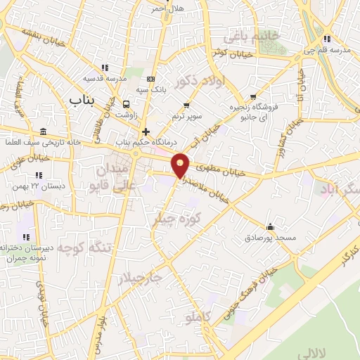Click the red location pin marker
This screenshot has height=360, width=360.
coord(181,165)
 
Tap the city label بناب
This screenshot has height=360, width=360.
coord(81,101)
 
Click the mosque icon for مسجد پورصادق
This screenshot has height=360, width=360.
coord(271,226)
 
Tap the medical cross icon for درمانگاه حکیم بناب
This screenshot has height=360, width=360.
coord(146,131)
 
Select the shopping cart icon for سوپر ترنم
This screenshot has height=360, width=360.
coord(175,103)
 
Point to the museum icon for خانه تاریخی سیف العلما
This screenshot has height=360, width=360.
coord(44,133)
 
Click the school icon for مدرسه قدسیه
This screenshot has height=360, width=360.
coord(105,67)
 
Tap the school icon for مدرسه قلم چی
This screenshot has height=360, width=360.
coord(328,39)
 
